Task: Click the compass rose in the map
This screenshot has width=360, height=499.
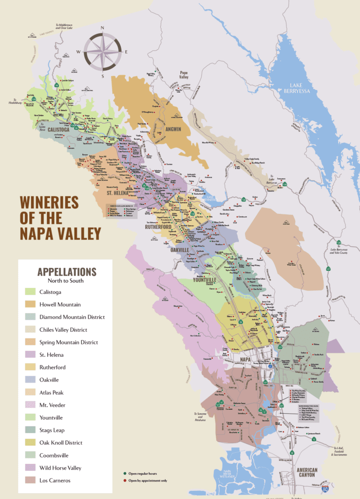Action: (x=103, y=51)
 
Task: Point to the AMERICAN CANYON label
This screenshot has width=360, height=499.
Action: (x=307, y=473)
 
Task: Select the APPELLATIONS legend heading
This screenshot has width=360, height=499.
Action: (x=67, y=272)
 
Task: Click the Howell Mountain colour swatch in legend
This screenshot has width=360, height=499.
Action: (x=31, y=304)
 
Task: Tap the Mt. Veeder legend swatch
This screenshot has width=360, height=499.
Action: (x=31, y=405)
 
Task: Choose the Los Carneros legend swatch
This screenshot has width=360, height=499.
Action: (x=31, y=480)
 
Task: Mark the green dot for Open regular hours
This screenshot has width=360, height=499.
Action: (x=125, y=473)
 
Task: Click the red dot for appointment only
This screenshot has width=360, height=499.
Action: (x=125, y=480)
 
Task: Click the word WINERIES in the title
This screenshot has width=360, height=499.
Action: (x=49, y=201)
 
